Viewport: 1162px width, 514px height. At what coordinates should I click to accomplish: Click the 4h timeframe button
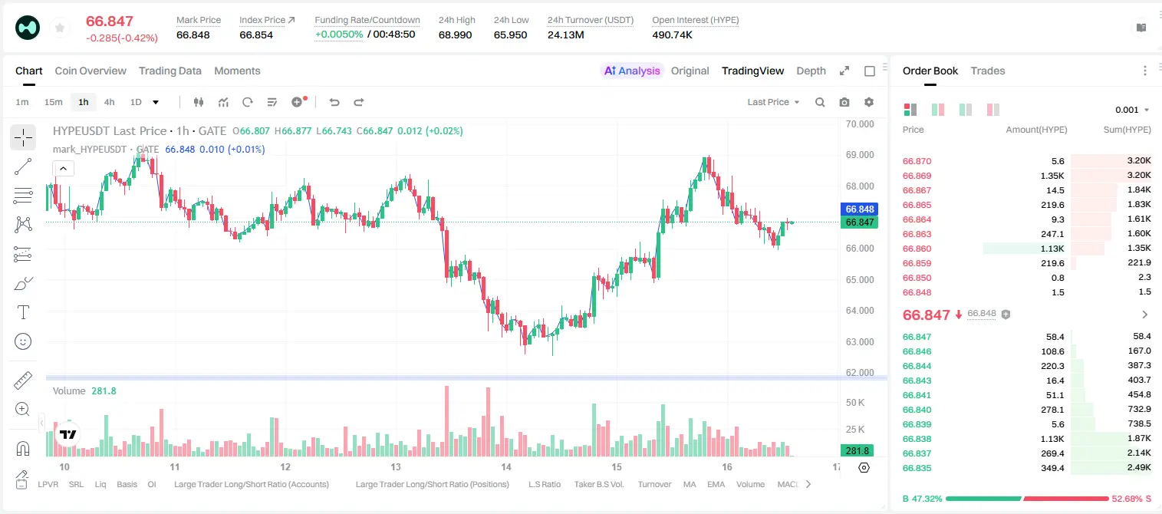[109, 102]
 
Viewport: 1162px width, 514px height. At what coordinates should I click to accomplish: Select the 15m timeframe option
[53, 102]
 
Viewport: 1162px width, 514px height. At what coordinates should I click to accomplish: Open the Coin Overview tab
[91, 71]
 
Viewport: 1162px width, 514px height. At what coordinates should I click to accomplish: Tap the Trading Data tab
[170, 71]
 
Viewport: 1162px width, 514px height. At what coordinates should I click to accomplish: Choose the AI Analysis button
[632, 71]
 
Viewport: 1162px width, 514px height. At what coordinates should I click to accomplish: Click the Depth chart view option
[811, 71]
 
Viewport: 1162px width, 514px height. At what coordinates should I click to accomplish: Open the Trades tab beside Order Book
[988, 71]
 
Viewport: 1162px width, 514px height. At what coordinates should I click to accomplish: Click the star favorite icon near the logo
[60, 28]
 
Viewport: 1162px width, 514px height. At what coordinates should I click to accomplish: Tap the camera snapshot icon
[844, 102]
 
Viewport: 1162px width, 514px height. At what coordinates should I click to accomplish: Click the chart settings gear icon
[869, 102]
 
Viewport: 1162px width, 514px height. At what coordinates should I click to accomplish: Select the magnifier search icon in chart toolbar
[820, 102]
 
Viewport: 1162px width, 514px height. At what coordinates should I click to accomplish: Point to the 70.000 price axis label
[860, 124]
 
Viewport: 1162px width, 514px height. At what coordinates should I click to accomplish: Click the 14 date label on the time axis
[505, 466]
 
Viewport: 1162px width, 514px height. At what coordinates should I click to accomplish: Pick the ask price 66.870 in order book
[917, 161]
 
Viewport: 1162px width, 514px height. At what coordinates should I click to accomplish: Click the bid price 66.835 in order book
[917, 468]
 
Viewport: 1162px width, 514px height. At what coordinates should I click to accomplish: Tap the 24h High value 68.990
[455, 35]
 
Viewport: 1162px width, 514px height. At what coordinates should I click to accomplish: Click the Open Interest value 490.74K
[673, 35]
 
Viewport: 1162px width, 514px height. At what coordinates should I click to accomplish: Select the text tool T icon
[23, 312]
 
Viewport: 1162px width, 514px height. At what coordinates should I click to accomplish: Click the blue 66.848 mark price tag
[859, 209]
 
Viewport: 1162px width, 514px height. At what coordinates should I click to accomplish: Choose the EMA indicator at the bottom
[716, 484]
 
